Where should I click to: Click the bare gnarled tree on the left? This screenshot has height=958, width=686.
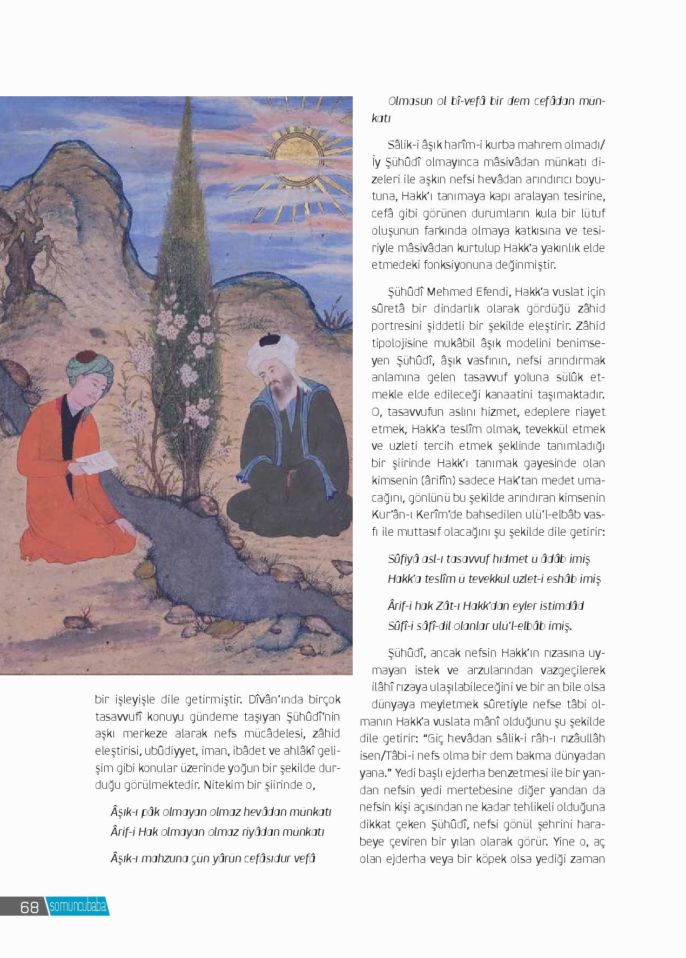pyautogui.click(x=27, y=238)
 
